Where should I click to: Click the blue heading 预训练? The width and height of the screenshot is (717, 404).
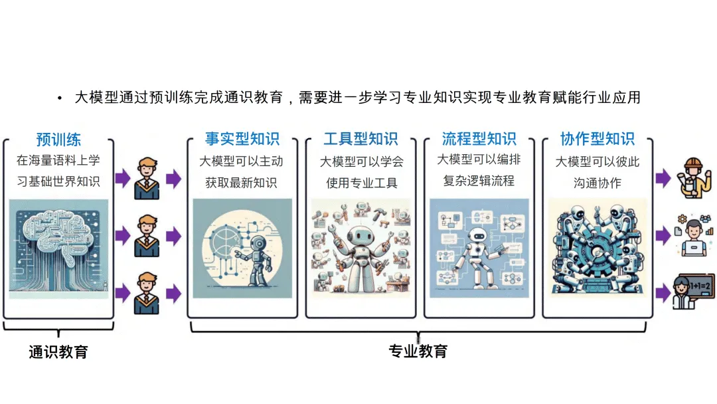58,140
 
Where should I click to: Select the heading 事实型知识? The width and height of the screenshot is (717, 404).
242,140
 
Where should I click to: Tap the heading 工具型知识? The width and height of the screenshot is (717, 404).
360,140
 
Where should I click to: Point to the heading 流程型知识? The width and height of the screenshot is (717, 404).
479,140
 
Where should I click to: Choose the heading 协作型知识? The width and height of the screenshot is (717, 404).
597,140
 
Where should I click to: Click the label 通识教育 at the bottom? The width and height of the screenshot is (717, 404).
58,352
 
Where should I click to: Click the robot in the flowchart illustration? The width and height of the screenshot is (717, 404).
477,256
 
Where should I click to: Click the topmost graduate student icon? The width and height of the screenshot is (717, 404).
147,179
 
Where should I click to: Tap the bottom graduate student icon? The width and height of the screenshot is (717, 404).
147,293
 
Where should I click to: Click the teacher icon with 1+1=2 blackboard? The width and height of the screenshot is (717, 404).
692,292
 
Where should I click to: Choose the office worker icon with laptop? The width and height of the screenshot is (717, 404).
692,233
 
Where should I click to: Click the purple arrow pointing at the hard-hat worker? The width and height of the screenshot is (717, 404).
663,177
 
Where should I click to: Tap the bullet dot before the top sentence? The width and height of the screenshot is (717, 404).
59,98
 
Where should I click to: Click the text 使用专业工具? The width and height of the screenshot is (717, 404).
360,182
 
